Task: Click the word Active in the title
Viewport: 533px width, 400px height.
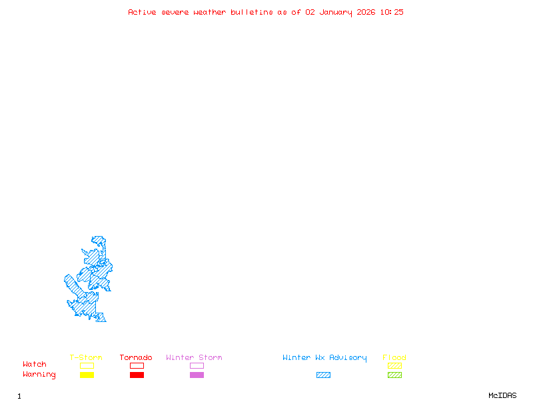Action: tap(142, 12)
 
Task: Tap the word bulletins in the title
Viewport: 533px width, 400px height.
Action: tap(252, 12)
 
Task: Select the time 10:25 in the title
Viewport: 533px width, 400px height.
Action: tap(392, 12)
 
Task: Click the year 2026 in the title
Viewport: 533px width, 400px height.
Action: tap(366, 12)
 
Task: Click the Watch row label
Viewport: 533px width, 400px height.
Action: tap(35, 365)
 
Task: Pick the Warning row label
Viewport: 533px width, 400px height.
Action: tap(39, 375)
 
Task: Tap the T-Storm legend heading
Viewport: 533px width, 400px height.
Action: tap(86, 358)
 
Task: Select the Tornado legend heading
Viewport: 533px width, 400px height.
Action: tap(136, 358)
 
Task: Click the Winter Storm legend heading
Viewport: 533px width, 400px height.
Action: tap(194, 358)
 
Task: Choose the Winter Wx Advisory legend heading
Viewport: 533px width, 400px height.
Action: tap(324, 358)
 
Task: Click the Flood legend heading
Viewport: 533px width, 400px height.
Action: tap(394, 358)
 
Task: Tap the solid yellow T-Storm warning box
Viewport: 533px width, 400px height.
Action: tap(87, 375)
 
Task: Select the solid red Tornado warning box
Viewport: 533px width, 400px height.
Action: tap(137, 375)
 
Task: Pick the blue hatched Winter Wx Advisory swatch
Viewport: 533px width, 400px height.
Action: tap(323, 375)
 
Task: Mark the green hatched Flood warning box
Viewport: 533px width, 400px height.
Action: tap(394, 375)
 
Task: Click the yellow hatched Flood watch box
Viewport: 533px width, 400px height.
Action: tap(394, 365)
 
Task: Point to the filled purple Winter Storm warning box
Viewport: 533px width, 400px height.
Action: tap(197, 375)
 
